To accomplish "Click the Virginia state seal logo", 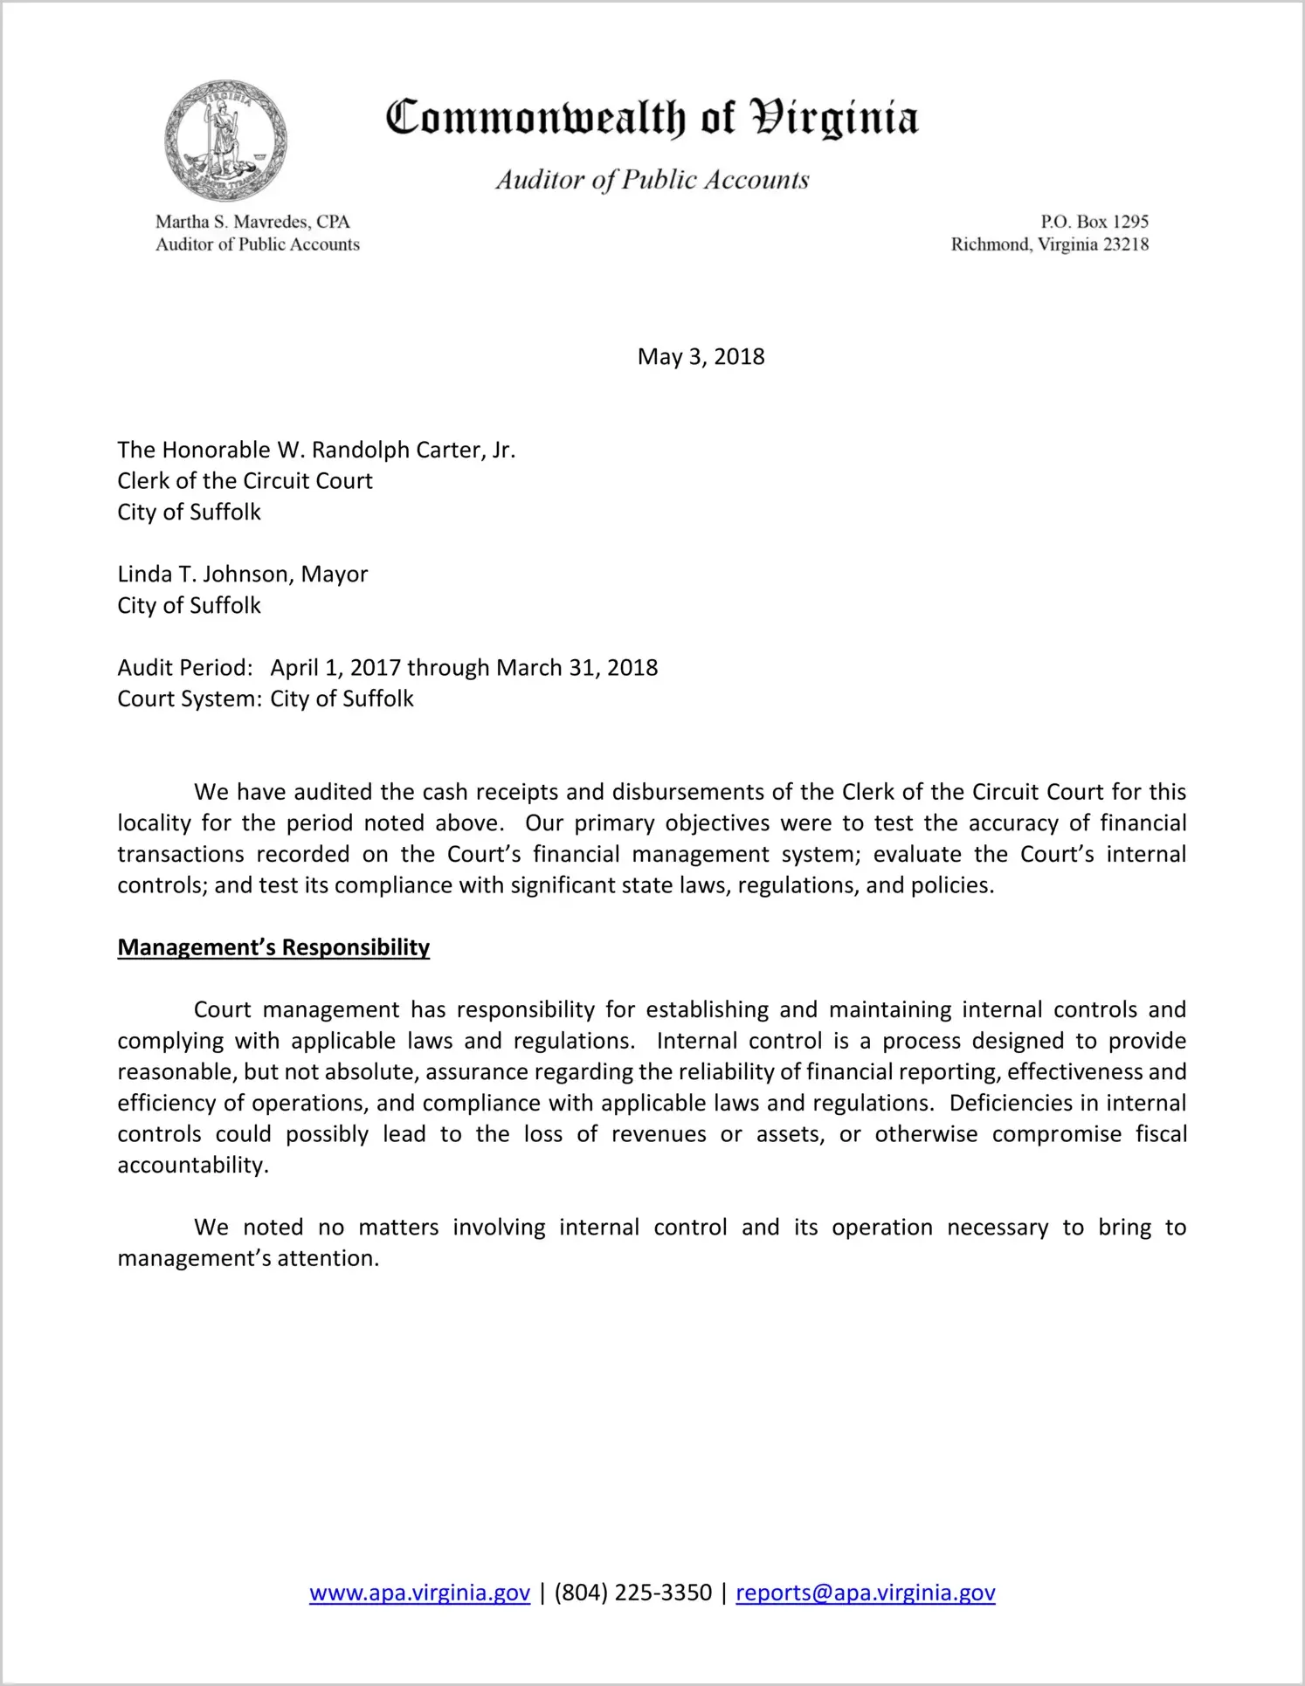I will pos(225,141).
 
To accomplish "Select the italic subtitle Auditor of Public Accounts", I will pos(652,180).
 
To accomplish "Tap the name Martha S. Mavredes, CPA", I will pos(252,222).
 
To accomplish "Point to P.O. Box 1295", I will pos(1094,222).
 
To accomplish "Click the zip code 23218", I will pos(1126,244).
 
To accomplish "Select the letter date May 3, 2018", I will pos(701,356).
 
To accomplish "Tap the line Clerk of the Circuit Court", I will pos(245,481).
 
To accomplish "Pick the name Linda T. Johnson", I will pos(204,575).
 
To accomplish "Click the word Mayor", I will pos(335,575).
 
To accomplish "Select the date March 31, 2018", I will pos(577,668).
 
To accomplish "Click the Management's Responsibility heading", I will pos(273,948).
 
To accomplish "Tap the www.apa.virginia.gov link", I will pos(419,1593).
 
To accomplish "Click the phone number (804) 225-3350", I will pos(632,1593).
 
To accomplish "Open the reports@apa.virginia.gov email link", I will pos(865,1593).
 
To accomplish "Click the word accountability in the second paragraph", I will pos(192,1166).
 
